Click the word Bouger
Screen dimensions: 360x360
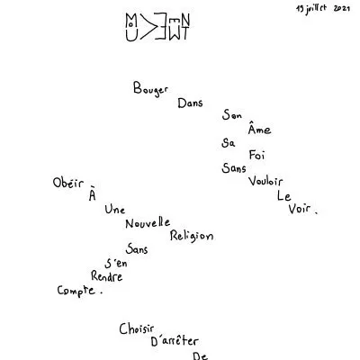(x=150, y=89)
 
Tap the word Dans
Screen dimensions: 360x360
(x=190, y=103)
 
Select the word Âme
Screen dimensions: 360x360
(x=259, y=128)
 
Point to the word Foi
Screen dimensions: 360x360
(x=256, y=155)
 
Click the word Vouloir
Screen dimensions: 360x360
(x=265, y=181)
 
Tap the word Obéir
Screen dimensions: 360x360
(x=68, y=182)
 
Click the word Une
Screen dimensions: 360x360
(x=115, y=209)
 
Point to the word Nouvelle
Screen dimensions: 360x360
(x=148, y=223)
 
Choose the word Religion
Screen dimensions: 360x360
(x=192, y=236)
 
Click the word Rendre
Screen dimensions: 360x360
(x=106, y=276)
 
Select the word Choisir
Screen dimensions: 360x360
(x=137, y=328)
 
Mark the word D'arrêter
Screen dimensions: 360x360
(x=175, y=341)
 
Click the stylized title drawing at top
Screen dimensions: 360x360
(x=157, y=27)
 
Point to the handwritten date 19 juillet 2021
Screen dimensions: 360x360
(x=323, y=9)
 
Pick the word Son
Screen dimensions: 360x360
(x=232, y=115)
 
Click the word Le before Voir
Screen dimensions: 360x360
(x=283, y=196)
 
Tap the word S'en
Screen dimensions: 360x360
(x=116, y=263)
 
